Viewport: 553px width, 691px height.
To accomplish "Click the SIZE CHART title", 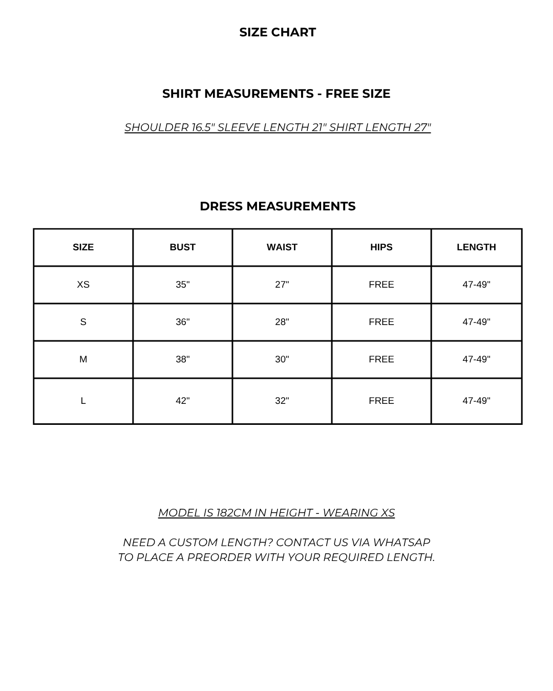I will (x=278, y=32).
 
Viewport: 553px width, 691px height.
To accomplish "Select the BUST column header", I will (x=182, y=247).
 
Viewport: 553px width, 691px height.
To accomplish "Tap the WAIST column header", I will (x=282, y=247).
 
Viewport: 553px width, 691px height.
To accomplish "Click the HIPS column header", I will (x=381, y=247).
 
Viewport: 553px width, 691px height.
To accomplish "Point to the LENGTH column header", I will (x=476, y=247).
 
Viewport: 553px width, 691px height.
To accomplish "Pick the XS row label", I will (x=83, y=285).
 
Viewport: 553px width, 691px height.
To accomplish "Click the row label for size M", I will (x=83, y=359).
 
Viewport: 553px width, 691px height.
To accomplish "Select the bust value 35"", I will (x=182, y=285).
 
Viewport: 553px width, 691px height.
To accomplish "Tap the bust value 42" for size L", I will (x=182, y=401).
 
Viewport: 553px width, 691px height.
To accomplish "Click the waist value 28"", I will (x=282, y=322).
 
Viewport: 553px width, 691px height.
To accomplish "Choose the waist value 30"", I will (x=282, y=359).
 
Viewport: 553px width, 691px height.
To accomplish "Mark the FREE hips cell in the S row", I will (x=381, y=322).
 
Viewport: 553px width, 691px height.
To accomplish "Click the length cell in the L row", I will (x=476, y=401).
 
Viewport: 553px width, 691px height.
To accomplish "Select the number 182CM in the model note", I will (x=233, y=513).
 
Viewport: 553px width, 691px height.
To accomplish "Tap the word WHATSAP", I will (x=401, y=543).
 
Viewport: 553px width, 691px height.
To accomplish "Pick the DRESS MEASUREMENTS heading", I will (x=278, y=206).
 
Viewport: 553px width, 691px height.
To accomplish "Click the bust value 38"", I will (x=182, y=359).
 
